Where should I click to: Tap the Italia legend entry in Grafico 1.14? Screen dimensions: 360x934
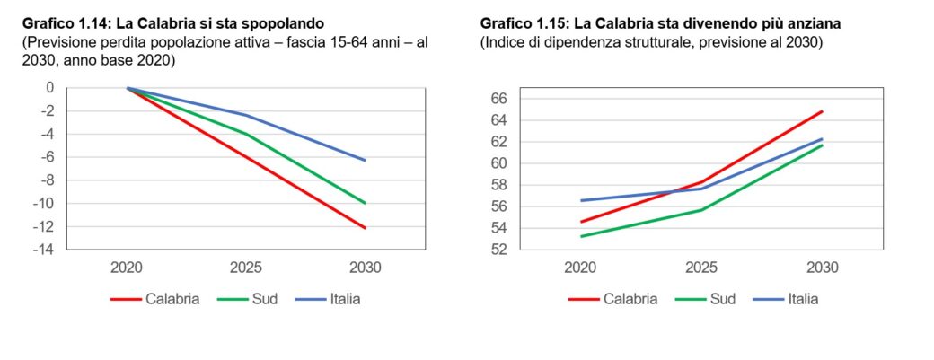coord(340,298)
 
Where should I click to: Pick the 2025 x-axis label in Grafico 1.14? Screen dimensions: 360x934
coord(246,268)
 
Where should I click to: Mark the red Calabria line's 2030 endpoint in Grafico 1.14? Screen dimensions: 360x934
coord(365,228)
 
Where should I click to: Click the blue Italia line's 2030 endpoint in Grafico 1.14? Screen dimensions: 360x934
coord(365,160)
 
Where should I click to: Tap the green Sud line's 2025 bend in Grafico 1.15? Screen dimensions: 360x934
coord(701,209)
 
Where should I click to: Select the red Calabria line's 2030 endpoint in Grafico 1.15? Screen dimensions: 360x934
coord(822,111)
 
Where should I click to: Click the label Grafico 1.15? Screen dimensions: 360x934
coord(519,21)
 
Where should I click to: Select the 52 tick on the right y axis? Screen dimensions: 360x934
coord(500,250)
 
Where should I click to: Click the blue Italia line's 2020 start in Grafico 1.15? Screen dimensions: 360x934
coord(582,200)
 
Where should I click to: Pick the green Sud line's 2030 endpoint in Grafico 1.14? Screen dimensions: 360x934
coord(365,203)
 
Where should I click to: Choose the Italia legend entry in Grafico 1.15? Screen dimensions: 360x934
coord(798,298)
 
